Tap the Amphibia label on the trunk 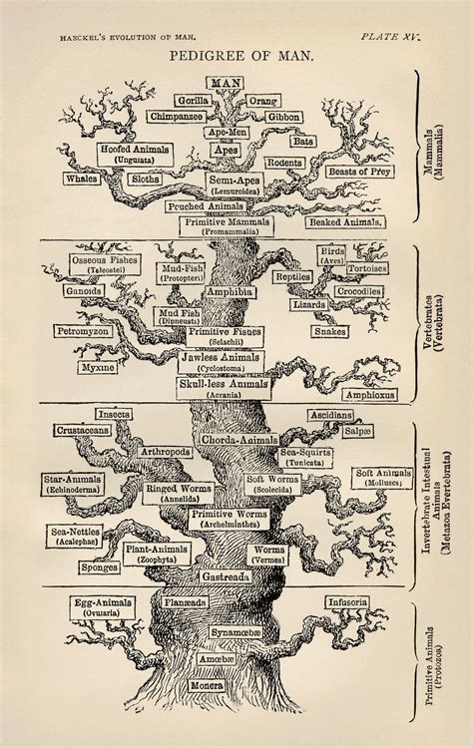(x=230, y=291)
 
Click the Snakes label (x=329, y=330)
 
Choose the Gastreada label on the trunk (x=236, y=577)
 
